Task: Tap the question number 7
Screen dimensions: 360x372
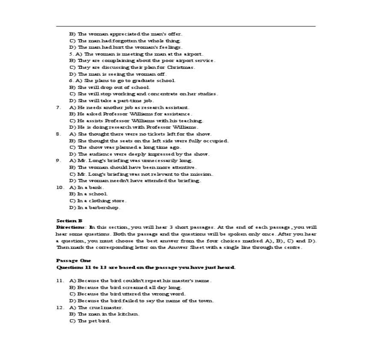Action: [x=58, y=107]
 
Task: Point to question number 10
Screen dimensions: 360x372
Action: [x=60, y=187]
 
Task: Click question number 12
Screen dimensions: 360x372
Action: [x=60, y=307]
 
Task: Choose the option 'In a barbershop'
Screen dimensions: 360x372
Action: [x=95, y=207]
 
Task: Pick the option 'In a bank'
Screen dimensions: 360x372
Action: [x=87, y=187]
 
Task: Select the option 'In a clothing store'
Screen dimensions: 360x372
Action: [x=98, y=201]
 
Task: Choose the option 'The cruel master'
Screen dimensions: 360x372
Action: [x=96, y=307]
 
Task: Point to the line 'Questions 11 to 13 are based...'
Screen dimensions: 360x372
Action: [x=146, y=267]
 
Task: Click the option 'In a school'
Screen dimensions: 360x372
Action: [x=89, y=194]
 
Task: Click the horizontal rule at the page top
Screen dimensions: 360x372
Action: [x=186, y=27]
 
